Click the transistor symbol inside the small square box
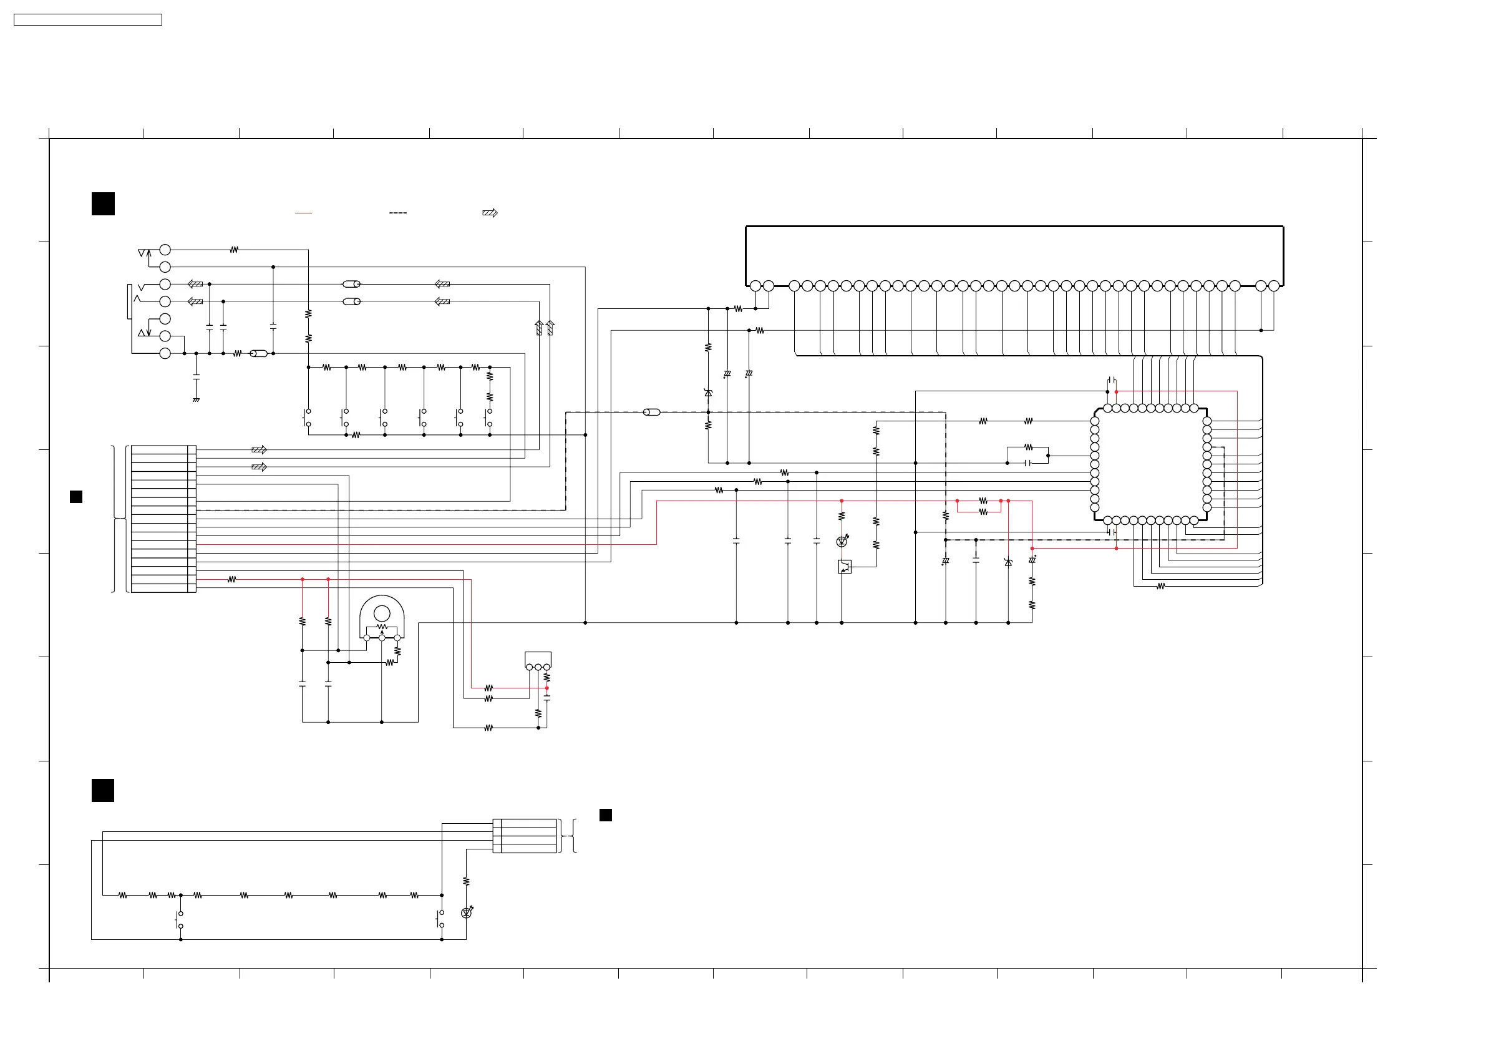[845, 567]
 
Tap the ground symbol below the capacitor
[196, 399]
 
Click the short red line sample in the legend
[304, 213]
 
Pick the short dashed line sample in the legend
[397, 213]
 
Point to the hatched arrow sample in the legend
[490, 213]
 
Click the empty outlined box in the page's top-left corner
[88, 20]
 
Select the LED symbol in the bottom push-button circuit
[466, 913]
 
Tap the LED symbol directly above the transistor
[842, 541]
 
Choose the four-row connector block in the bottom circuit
[524, 836]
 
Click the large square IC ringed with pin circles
[1151, 464]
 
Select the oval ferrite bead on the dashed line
[652, 412]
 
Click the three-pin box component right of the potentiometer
[538, 660]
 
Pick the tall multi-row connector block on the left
[163, 519]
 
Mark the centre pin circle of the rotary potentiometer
[382, 638]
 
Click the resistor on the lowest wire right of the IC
[1160, 586]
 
